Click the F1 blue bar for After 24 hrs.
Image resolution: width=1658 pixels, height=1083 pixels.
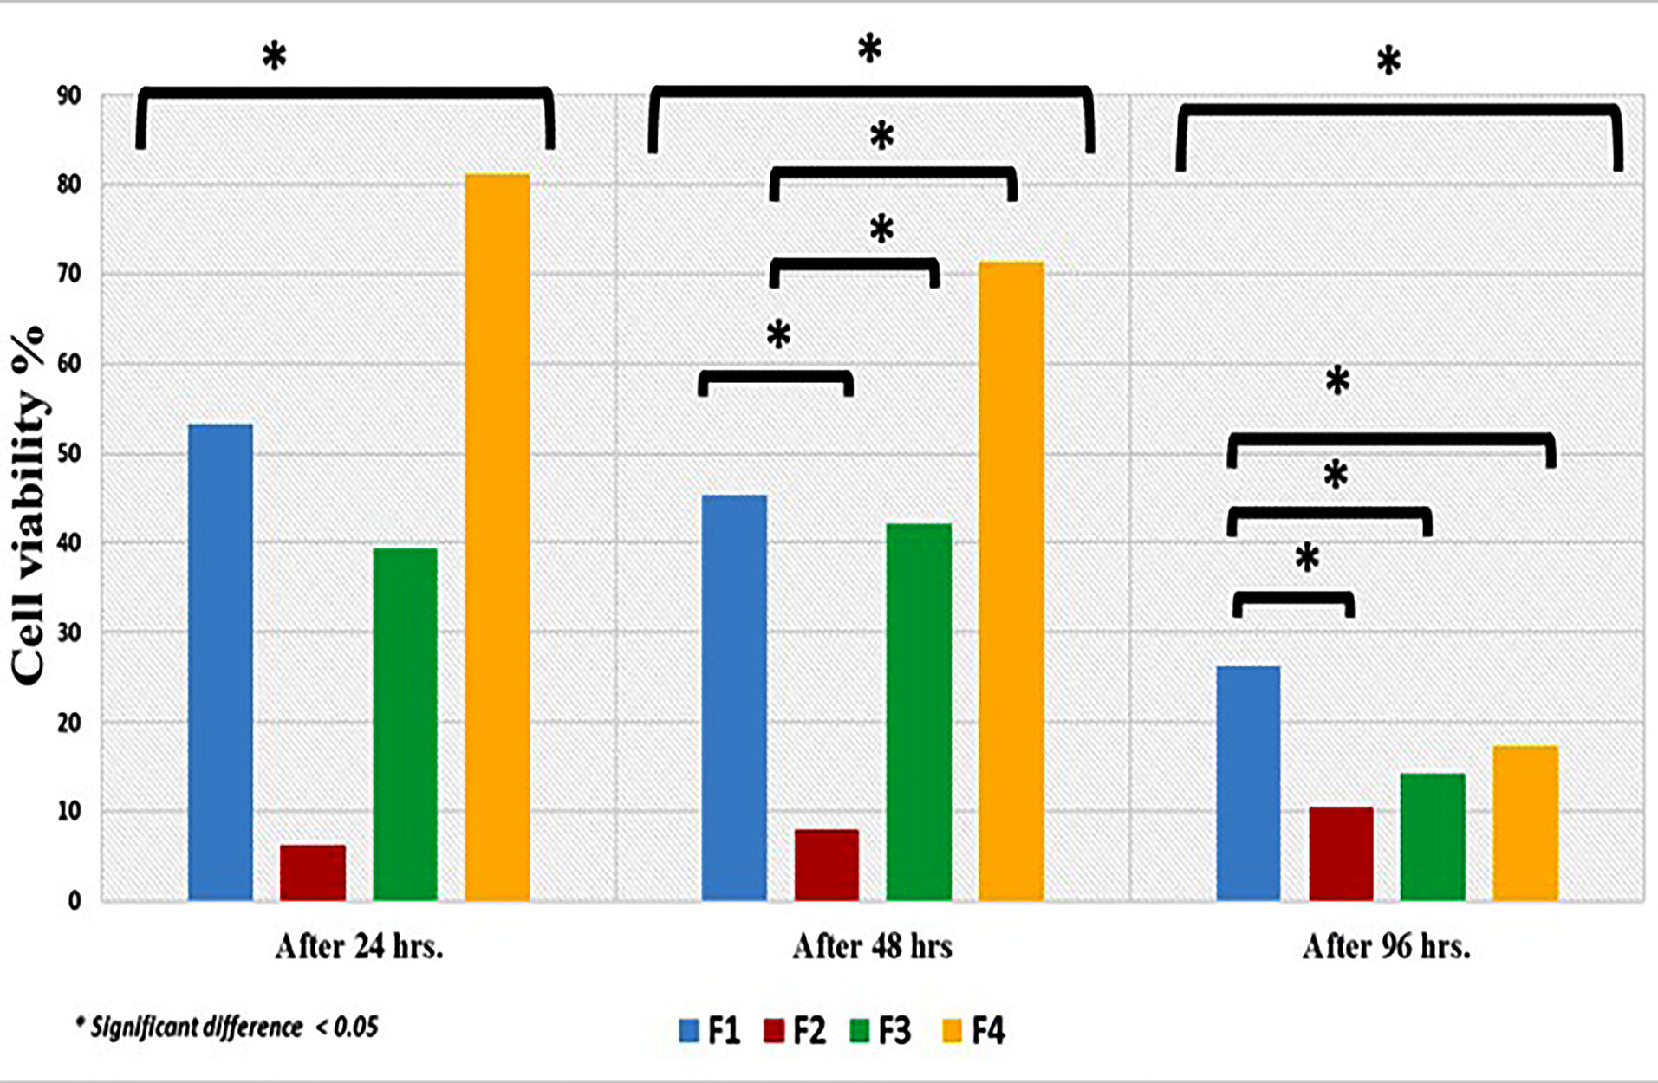click(x=220, y=663)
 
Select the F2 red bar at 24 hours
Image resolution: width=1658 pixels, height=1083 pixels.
click(x=312, y=872)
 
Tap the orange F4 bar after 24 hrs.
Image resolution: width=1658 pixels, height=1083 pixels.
click(x=497, y=537)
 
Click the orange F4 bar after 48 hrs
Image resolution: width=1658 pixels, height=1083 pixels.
click(x=1011, y=580)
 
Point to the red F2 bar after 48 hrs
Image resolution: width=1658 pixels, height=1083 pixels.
click(x=827, y=865)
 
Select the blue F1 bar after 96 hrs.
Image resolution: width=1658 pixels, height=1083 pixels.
click(x=1248, y=783)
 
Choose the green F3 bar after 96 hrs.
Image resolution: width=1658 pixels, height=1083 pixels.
click(x=1433, y=837)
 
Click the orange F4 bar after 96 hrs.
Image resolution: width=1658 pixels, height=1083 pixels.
click(x=1525, y=823)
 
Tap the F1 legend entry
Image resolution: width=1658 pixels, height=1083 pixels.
click(x=711, y=1031)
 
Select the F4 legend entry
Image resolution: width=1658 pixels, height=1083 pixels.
click(x=974, y=1031)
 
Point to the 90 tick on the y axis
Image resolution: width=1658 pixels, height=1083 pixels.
click(x=69, y=95)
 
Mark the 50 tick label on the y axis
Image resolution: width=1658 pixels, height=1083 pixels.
click(x=69, y=454)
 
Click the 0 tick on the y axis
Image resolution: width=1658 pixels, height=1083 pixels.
click(x=75, y=901)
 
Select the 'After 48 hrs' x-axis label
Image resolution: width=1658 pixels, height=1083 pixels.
click(x=872, y=946)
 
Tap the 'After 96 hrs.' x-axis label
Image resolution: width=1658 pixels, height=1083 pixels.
click(x=1386, y=946)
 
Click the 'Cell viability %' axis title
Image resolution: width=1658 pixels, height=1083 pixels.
click(x=29, y=507)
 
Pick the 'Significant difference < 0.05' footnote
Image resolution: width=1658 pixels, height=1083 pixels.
click(x=227, y=1028)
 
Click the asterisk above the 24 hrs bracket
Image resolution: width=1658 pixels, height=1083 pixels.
click(x=274, y=57)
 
